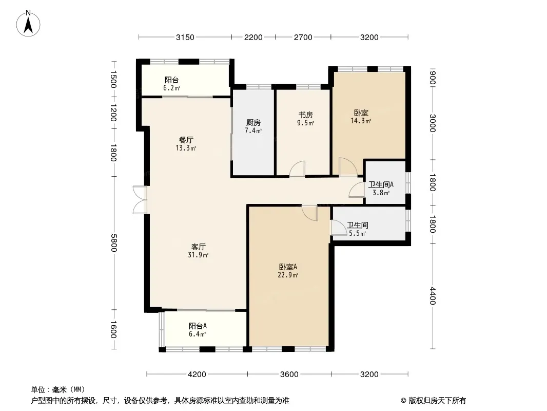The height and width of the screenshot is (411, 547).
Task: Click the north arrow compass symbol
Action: (x=28, y=24)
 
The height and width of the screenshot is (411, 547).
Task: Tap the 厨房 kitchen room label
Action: (x=253, y=123)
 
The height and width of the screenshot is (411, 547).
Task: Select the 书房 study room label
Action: (x=305, y=115)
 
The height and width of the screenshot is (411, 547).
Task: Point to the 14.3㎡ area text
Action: (x=361, y=121)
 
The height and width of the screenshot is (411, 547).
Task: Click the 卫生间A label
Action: (x=381, y=185)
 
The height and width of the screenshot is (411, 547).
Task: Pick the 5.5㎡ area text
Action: (x=357, y=233)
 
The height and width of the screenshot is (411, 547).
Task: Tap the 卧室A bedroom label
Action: (x=288, y=267)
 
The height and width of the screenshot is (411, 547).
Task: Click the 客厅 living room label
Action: (x=198, y=247)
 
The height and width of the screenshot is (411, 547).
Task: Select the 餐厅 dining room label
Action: (x=186, y=140)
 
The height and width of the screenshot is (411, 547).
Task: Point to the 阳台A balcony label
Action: (x=198, y=326)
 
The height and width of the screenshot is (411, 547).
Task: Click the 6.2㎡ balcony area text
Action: (x=171, y=88)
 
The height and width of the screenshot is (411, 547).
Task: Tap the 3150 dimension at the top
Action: (x=185, y=38)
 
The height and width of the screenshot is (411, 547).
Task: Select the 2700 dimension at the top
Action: (x=303, y=38)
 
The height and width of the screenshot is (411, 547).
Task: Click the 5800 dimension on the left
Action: (x=113, y=242)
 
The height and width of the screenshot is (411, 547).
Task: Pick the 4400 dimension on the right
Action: (x=433, y=296)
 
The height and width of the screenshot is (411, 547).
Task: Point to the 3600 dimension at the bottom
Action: (x=289, y=375)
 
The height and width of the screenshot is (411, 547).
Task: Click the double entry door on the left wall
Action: (x=140, y=200)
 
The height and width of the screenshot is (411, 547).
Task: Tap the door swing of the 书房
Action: (x=297, y=169)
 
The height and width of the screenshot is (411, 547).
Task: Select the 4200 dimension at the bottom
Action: (x=197, y=375)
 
